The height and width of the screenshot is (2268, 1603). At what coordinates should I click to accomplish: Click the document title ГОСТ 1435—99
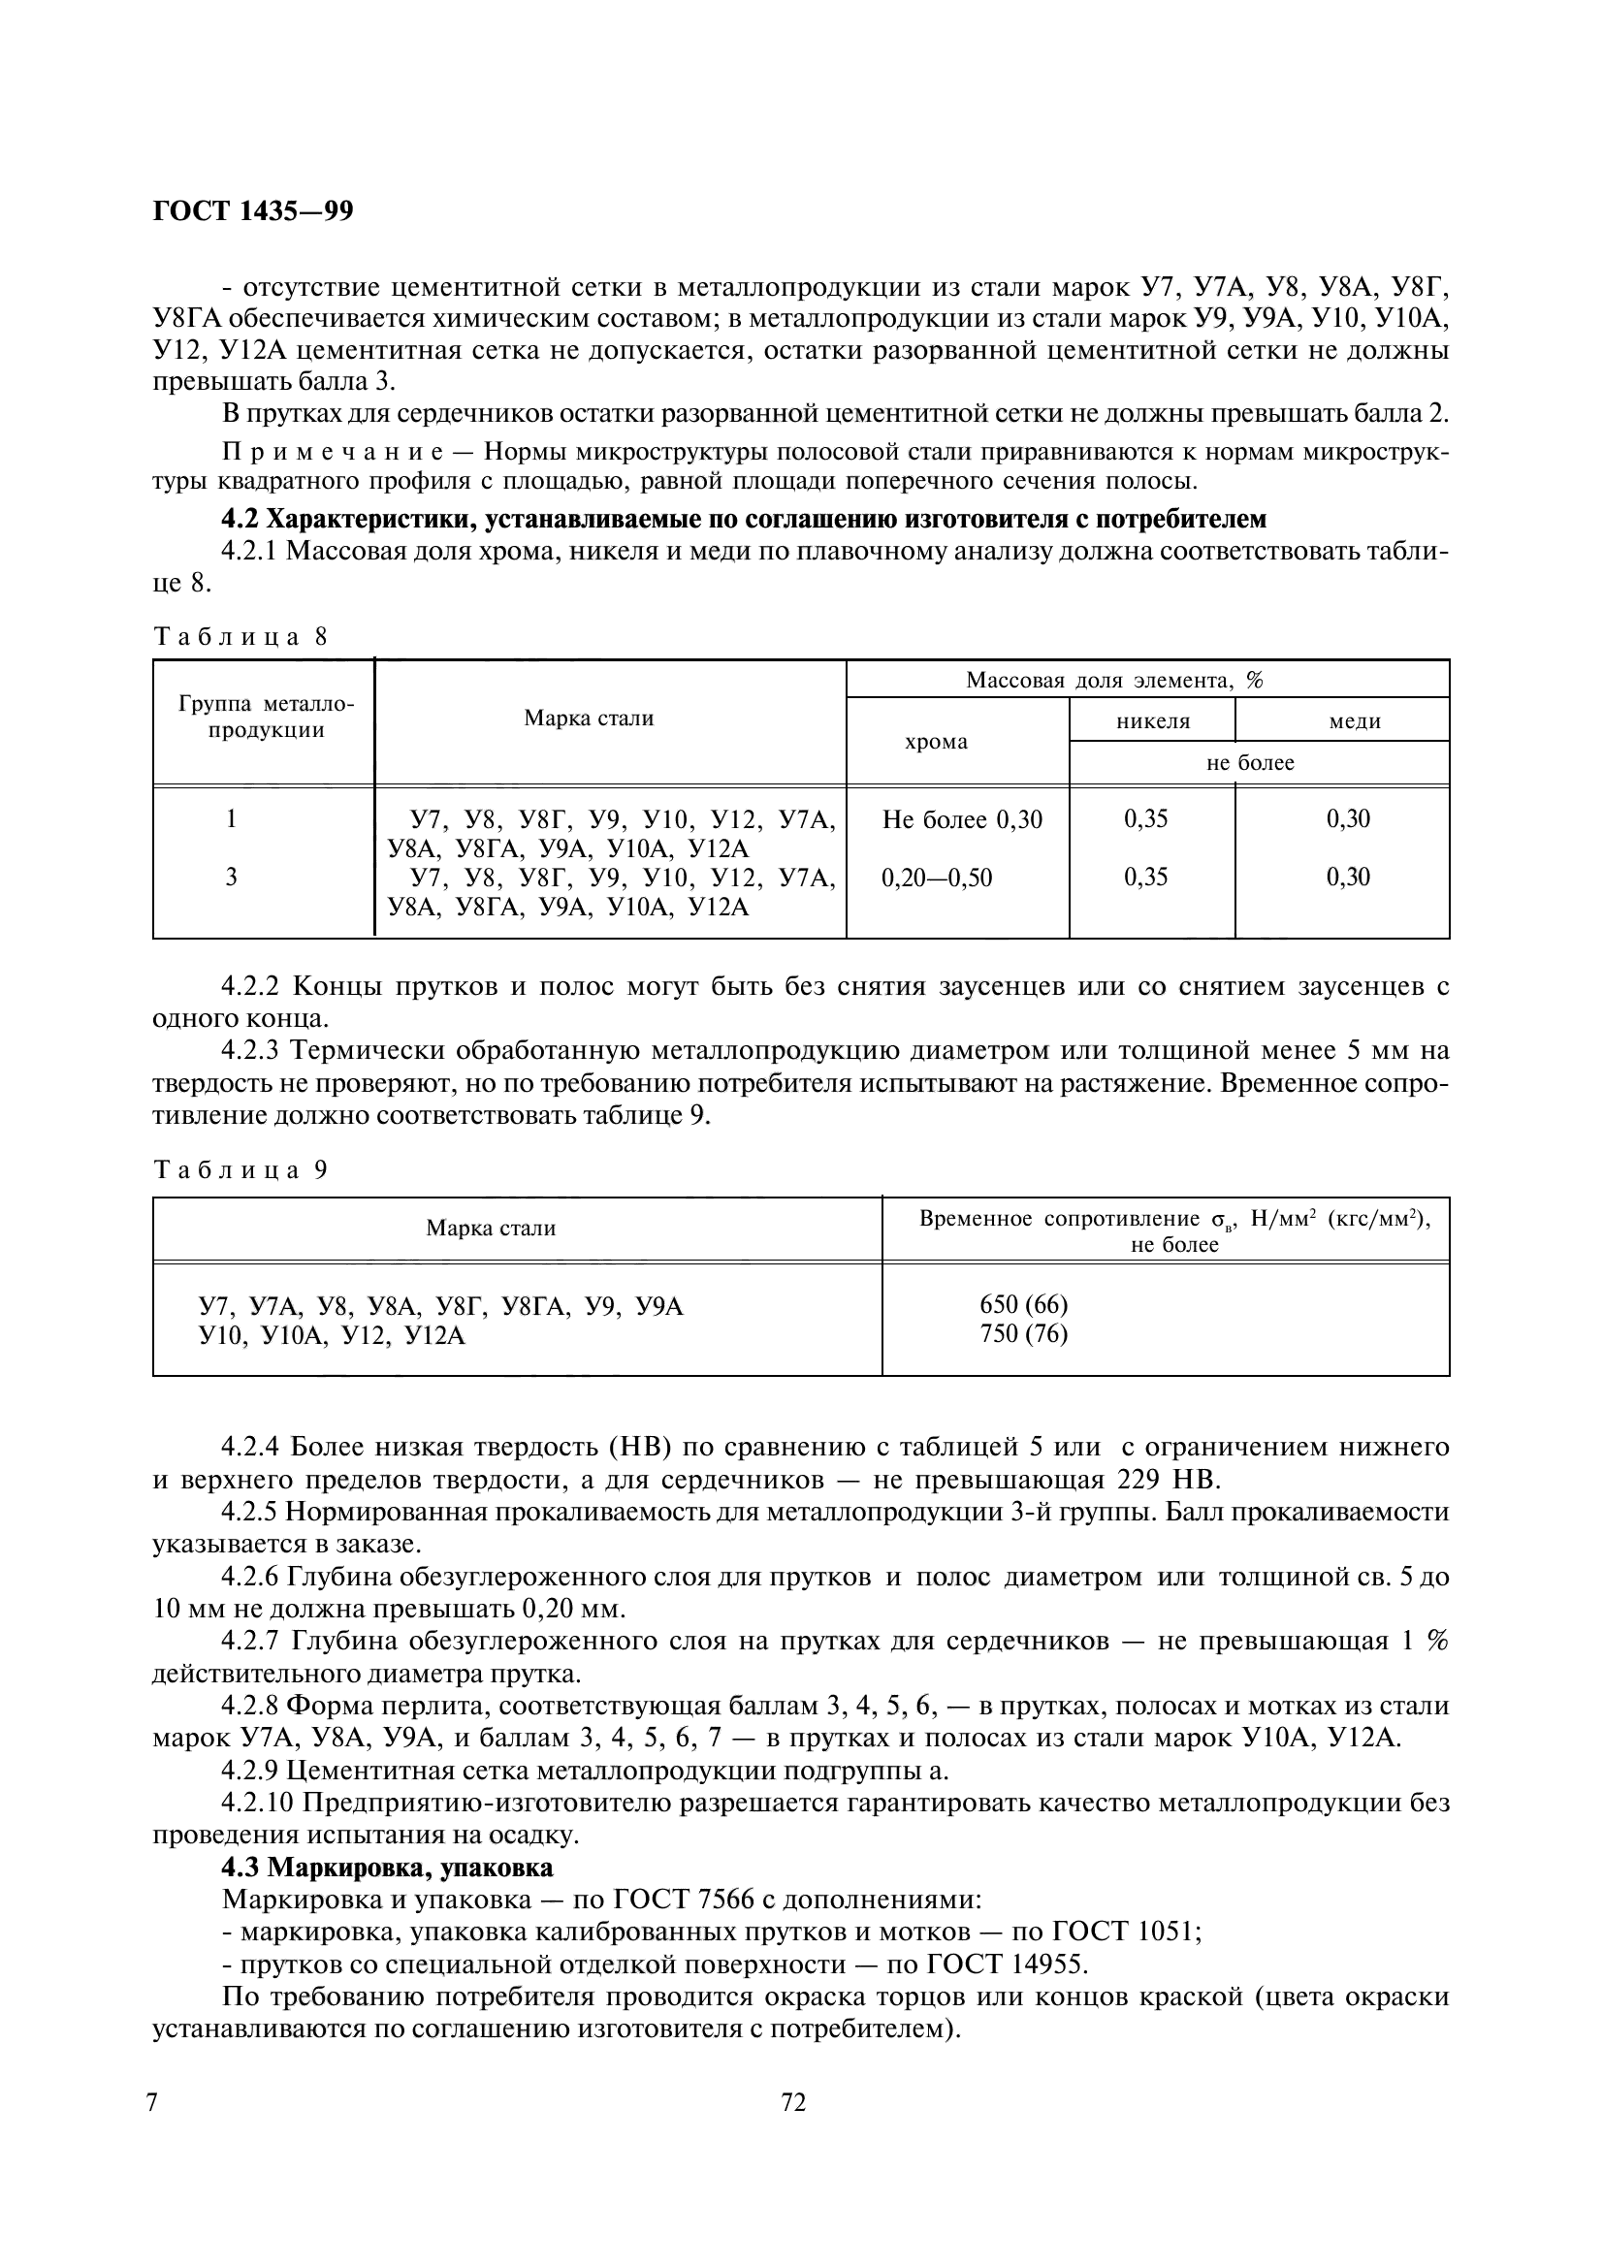click(253, 211)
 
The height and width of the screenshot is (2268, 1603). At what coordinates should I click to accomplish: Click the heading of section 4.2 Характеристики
click(744, 519)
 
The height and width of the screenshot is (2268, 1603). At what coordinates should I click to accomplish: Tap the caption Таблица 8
click(240, 637)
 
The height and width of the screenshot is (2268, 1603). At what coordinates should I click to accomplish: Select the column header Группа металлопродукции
click(265, 718)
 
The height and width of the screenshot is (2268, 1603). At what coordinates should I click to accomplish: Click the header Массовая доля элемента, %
click(1114, 680)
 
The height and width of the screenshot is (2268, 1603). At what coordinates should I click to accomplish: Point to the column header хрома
click(936, 741)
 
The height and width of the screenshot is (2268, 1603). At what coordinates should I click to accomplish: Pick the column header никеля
click(1153, 721)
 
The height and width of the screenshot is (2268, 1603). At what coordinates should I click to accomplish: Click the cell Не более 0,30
click(961, 819)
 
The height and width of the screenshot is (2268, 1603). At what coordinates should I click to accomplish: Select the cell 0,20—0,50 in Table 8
click(936, 878)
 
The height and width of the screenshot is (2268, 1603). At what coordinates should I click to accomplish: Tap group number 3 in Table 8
click(231, 878)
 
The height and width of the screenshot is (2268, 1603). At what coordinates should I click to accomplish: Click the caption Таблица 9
click(240, 1170)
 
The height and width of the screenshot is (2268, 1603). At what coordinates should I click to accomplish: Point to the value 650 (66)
click(1023, 1305)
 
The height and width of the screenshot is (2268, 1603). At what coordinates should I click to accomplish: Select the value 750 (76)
click(1023, 1333)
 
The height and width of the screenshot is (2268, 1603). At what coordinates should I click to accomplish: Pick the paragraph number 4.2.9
click(253, 1771)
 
